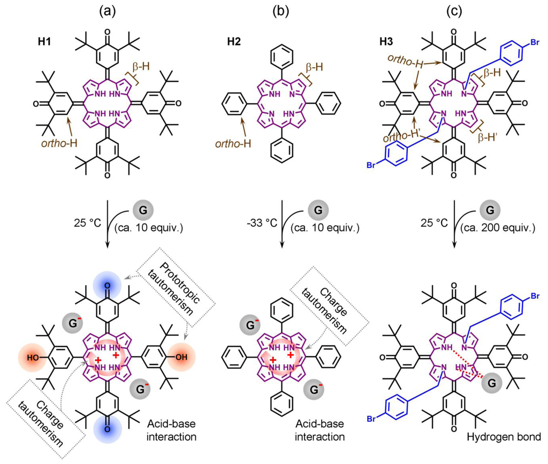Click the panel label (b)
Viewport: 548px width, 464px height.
(281, 9)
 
